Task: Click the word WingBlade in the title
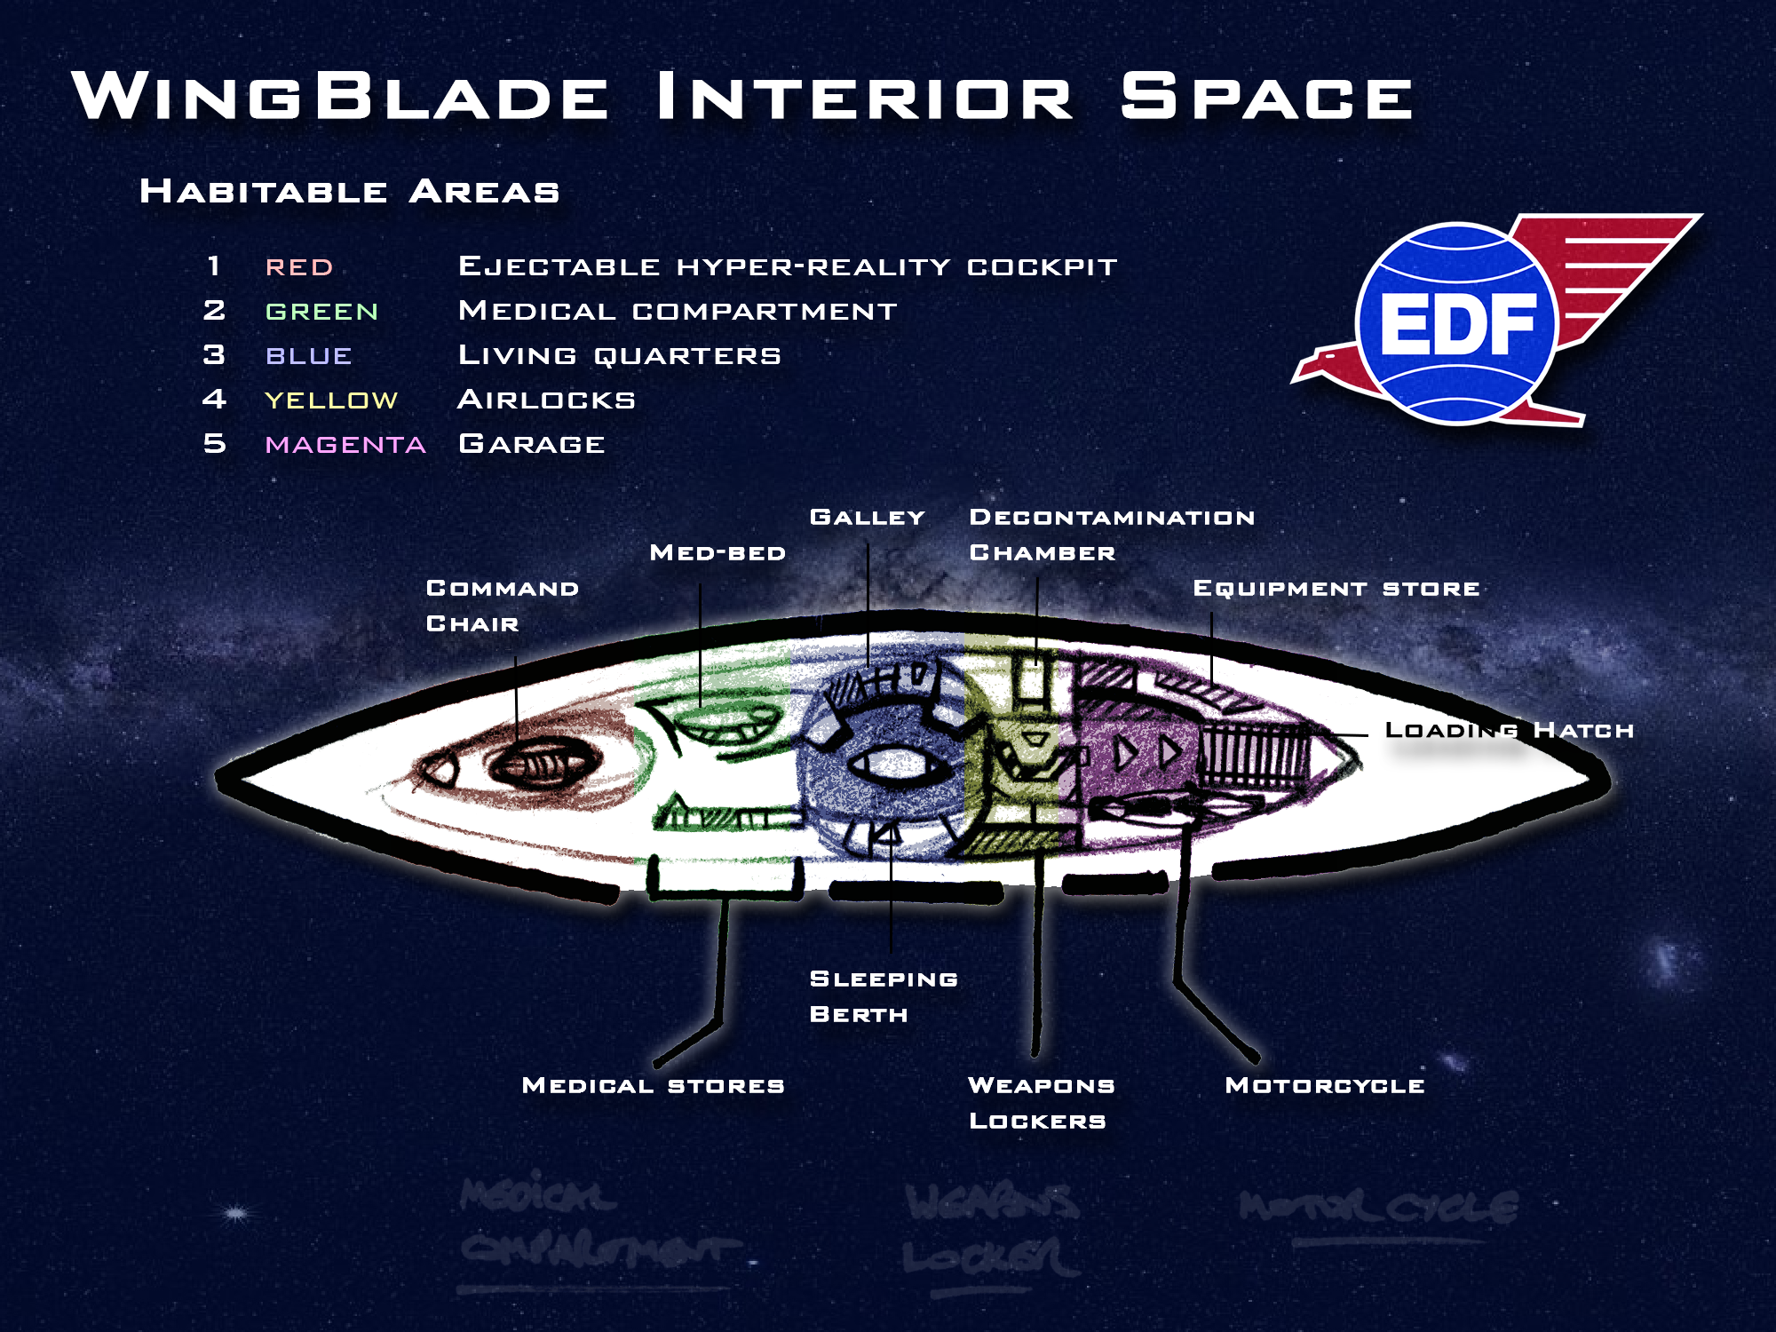click(x=340, y=96)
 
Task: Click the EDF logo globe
click(x=1456, y=322)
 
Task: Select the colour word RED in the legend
click(x=299, y=267)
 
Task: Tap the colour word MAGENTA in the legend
click(x=345, y=445)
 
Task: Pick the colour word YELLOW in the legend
click(x=331, y=400)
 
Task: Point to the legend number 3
click(x=214, y=355)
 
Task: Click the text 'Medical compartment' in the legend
click(x=678, y=311)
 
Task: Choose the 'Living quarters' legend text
click(x=620, y=355)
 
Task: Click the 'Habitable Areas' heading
click(x=350, y=192)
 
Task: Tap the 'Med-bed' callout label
click(x=718, y=553)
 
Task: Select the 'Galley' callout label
click(x=868, y=518)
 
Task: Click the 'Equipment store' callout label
click(x=1336, y=589)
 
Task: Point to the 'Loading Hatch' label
click(x=1510, y=731)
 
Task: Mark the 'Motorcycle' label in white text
click(x=1325, y=1085)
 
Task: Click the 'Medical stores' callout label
click(x=654, y=1085)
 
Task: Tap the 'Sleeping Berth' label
click(x=884, y=996)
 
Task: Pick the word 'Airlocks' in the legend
click(x=546, y=400)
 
